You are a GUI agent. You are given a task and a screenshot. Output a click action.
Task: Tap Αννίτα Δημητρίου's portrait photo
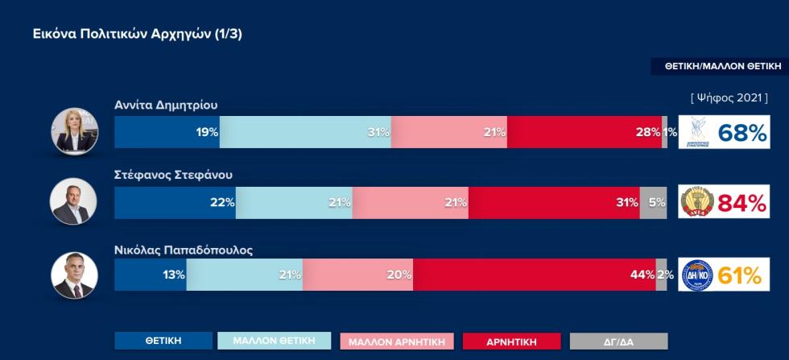pyautogui.click(x=73, y=132)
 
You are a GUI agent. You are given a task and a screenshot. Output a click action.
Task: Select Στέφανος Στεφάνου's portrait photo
pyautogui.click(x=73, y=201)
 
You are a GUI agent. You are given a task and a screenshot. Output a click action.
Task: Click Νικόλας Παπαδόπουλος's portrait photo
pyautogui.click(x=73, y=275)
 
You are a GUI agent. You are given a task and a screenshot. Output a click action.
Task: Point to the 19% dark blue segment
pyautogui.click(x=167, y=132)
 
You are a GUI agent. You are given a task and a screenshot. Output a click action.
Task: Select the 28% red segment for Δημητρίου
pyautogui.click(x=584, y=132)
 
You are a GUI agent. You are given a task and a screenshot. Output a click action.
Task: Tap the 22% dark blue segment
pyautogui.click(x=175, y=203)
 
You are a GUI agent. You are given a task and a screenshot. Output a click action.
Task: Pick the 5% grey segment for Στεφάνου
pyautogui.click(x=653, y=203)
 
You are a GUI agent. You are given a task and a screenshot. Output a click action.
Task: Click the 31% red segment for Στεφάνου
pyautogui.click(x=553, y=203)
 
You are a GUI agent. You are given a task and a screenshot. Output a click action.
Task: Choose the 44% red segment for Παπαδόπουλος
pyautogui.click(x=534, y=275)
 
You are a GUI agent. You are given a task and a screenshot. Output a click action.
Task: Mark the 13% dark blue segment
pyautogui.click(x=150, y=275)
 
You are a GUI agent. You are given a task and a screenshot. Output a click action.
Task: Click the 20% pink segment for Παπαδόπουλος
pyautogui.click(x=357, y=275)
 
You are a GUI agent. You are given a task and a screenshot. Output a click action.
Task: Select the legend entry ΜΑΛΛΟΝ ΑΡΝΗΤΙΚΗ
pyautogui.click(x=398, y=341)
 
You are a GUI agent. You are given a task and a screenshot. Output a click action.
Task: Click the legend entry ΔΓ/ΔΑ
pyautogui.click(x=618, y=341)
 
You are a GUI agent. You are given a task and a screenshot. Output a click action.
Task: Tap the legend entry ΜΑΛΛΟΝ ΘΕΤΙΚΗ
pyautogui.click(x=274, y=341)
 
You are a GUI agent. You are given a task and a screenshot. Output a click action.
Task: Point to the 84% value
pyautogui.click(x=741, y=204)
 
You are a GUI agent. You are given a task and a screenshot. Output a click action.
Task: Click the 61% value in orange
pyautogui.click(x=740, y=275)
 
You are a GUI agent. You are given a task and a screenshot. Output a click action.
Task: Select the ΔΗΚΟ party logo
pyautogui.click(x=697, y=275)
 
